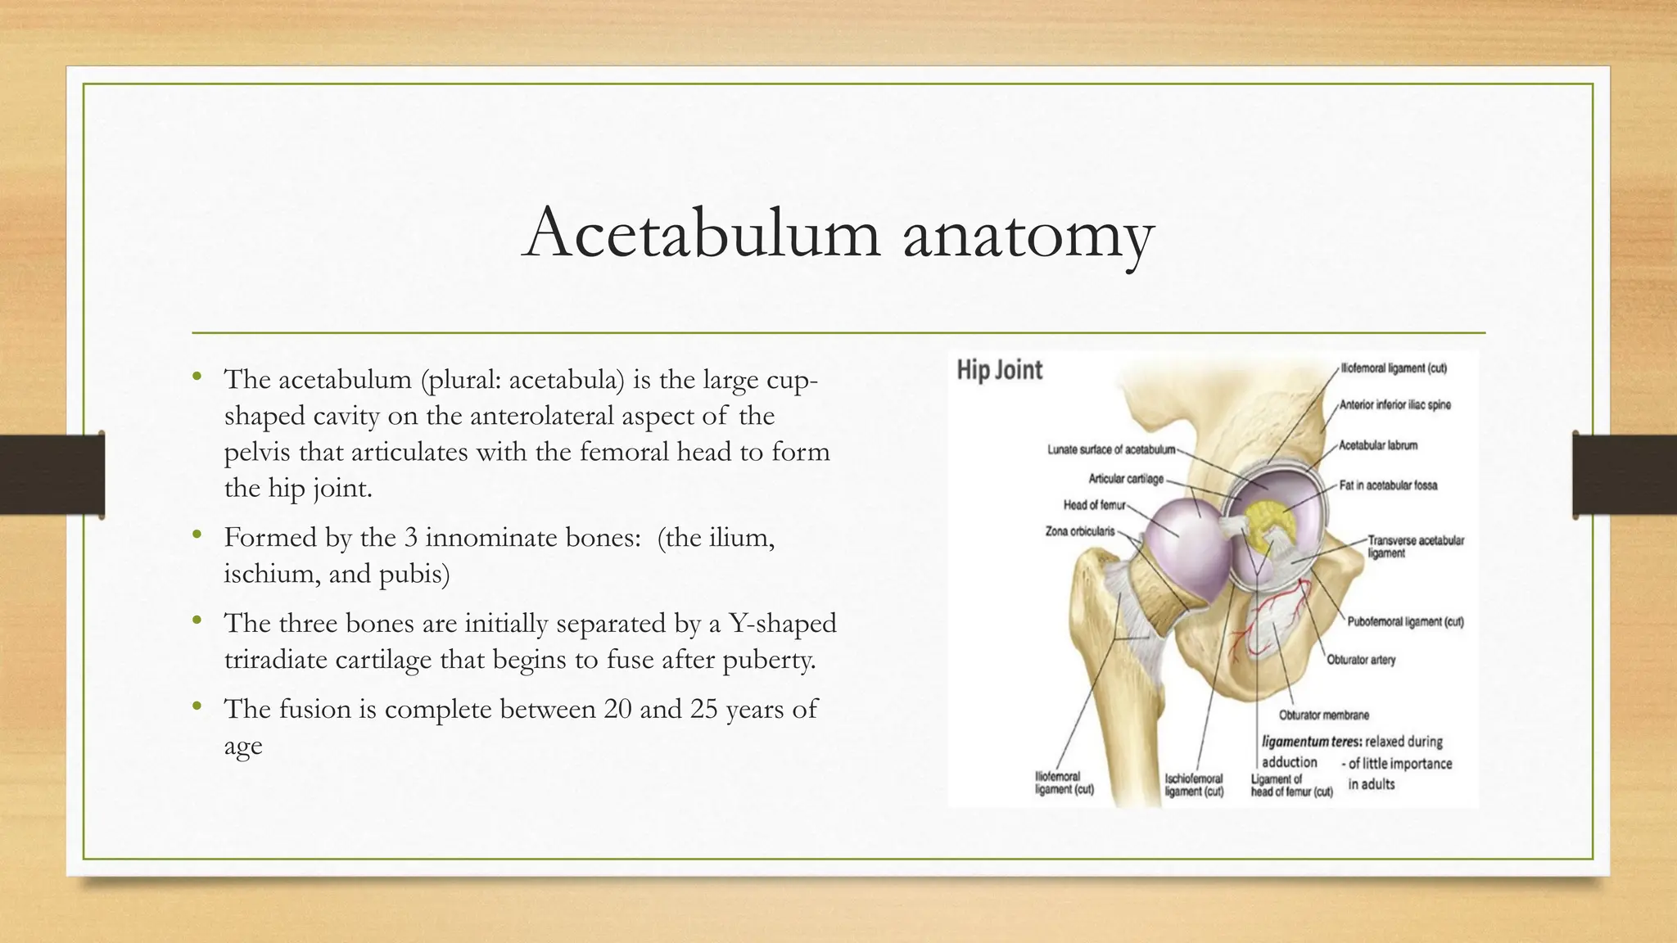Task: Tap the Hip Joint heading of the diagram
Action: pyautogui.click(x=999, y=370)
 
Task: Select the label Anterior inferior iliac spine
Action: pyautogui.click(x=1394, y=405)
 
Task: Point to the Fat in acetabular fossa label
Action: pyautogui.click(x=1388, y=485)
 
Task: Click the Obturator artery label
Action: pyautogui.click(x=1361, y=660)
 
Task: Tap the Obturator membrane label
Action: pyautogui.click(x=1324, y=715)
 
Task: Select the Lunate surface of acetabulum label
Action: pyautogui.click(x=1110, y=449)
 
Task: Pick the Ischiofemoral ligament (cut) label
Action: pyautogui.click(x=1194, y=785)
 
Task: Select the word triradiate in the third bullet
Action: pyautogui.click(x=276, y=660)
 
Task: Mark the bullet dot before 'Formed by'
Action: pyautogui.click(x=197, y=537)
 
